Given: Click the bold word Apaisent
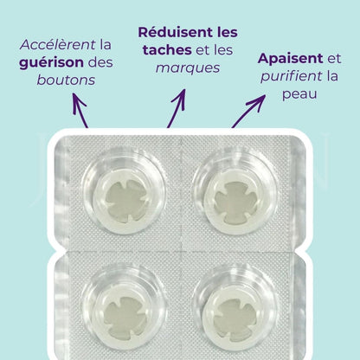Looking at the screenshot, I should (x=290, y=59).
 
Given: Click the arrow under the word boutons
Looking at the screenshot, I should (x=80, y=112).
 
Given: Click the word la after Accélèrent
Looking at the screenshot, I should (x=106, y=43).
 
